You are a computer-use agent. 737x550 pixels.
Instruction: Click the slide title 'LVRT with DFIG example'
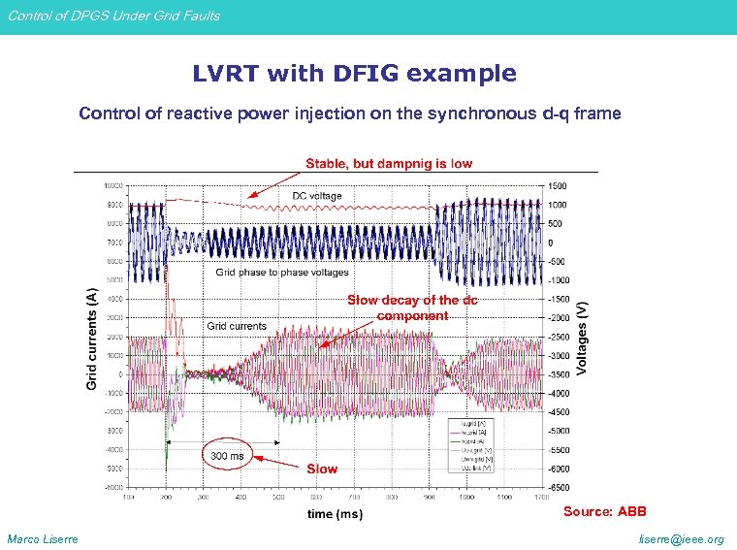pyautogui.click(x=354, y=74)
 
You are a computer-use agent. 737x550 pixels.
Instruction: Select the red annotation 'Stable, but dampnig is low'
pyautogui.click(x=389, y=163)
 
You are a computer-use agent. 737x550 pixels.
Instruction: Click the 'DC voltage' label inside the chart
pyautogui.click(x=317, y=196)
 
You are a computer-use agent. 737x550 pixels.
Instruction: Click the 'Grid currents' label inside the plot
pyautogui.click(x=236, y=326)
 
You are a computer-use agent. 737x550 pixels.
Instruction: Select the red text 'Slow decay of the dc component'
pyautogui.click(x=412, y=307)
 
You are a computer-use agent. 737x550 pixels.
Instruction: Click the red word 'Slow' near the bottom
pyautogui.click(x=322, y=469)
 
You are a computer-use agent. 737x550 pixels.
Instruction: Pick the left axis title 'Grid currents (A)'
pyautogui.click(x=91, y=338)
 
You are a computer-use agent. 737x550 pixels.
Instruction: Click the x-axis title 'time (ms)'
pyautogui.click(x=335, y=513)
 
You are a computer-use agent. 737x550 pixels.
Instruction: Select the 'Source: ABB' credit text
pyautogui.click(x=604, y=511)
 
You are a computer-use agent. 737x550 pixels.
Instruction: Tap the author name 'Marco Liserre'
pyautogui.click(x=43, y=539)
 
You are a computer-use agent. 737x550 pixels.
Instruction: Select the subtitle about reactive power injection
pyautogui.click(x=349, y=113)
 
